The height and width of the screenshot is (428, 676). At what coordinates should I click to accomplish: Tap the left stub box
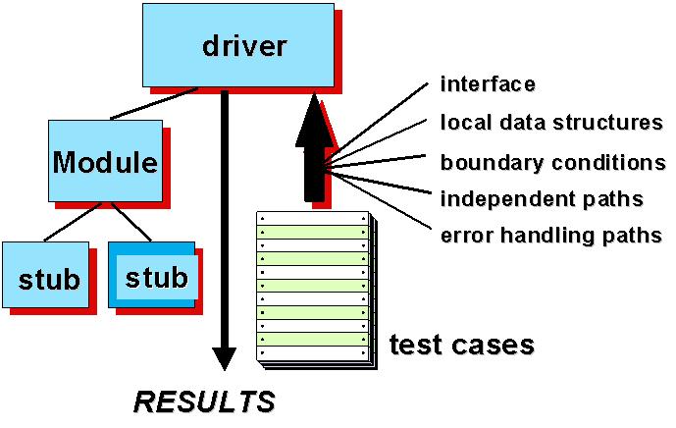click(x=49, y=279)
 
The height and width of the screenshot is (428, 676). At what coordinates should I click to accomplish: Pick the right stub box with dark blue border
click(x=157, y=278)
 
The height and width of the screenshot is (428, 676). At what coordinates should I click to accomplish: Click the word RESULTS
click(x=204, y=401)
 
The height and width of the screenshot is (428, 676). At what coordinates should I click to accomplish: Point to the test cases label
click(x=461, y=345)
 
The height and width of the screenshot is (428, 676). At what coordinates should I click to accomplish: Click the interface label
click(x=488, y=83)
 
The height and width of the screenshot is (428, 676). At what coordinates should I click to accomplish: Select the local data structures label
click(x=552, y=123)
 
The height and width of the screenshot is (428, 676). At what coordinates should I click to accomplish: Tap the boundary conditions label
click(x=552, y=162)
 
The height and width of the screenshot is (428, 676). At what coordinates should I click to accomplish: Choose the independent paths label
click(x=542, y=199)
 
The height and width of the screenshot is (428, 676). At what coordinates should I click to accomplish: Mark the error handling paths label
click(x=551, y=236)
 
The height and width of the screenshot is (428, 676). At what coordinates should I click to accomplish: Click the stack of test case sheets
click(x=313, y=286)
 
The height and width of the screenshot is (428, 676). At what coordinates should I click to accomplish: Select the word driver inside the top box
click(x=244, y=45)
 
